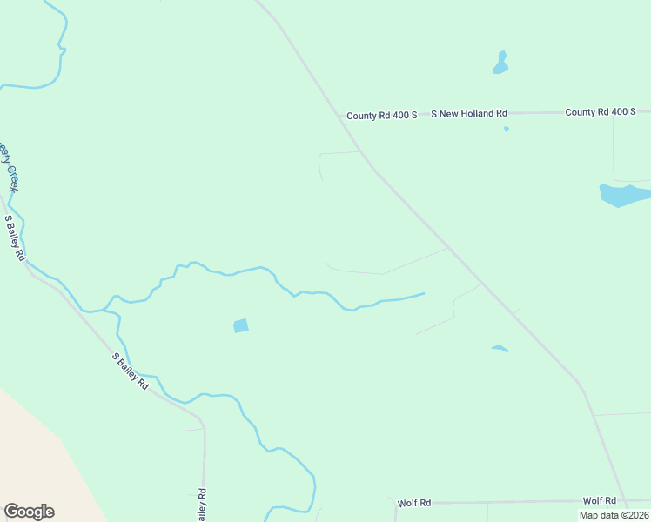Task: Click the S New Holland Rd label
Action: (473, 114)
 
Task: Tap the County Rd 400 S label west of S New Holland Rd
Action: (382, 115)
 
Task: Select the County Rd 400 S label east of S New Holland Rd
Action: (601, 112)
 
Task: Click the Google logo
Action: (29, 511)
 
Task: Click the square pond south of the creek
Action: (241, 325)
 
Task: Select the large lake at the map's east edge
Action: (623, 195)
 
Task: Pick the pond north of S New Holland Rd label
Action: (500, 64)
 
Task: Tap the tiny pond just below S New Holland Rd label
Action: (507, 130)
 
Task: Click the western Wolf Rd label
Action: (414, 503)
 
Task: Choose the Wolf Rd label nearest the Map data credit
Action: (600, 500)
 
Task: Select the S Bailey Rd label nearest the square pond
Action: (131, 370)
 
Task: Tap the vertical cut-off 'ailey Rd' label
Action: (202, 505)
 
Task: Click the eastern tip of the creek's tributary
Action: (424, 293)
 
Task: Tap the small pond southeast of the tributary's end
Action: (499, 348)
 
